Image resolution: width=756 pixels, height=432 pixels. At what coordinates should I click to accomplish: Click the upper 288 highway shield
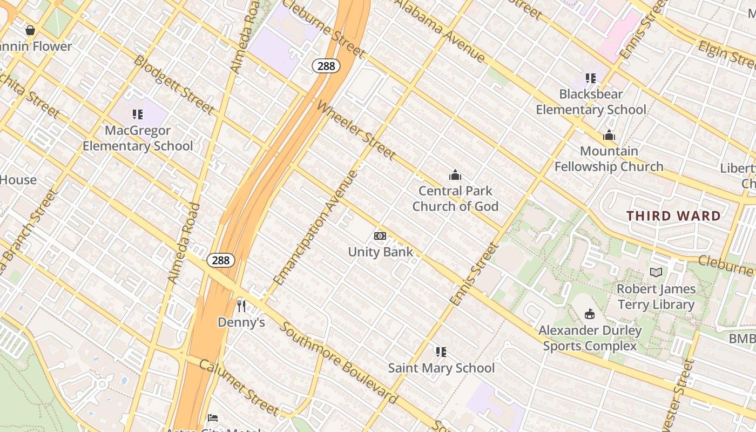326,66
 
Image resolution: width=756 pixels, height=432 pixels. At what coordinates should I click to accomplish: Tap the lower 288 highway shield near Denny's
220,260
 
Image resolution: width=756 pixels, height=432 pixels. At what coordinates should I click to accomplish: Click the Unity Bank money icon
380,236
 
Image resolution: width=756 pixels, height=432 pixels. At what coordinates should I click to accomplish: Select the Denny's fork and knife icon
241,306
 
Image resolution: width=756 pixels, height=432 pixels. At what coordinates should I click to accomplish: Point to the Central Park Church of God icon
455,175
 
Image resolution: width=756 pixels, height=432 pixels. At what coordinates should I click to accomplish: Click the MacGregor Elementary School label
138,138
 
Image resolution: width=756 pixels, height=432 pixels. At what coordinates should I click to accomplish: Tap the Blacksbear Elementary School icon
590,78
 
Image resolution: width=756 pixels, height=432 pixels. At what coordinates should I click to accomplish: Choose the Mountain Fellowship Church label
609,159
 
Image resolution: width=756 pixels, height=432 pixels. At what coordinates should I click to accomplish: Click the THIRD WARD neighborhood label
673,216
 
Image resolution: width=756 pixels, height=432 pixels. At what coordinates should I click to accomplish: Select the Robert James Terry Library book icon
656,273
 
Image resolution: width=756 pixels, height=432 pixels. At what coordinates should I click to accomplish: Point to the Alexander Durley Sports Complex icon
590,314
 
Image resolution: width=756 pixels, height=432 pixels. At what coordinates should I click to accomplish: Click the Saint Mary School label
441,368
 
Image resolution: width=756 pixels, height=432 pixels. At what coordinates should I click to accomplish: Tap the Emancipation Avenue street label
316,228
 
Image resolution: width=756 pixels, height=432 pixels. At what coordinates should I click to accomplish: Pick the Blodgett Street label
174,84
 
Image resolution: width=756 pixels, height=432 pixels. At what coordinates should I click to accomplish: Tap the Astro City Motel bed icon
213,418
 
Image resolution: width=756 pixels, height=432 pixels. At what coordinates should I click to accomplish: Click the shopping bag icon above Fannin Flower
30,30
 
